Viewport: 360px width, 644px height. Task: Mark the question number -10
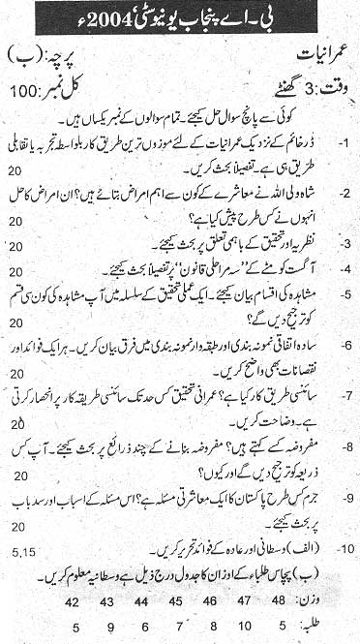[342, 553]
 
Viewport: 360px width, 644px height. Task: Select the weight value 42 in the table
[72, 599]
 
